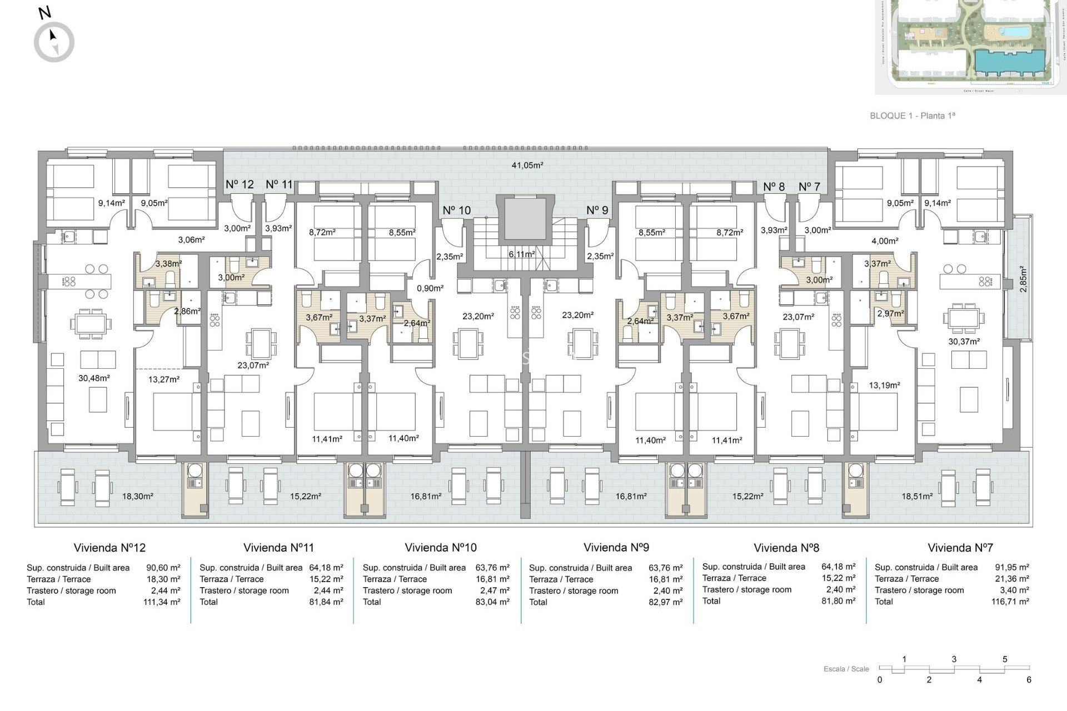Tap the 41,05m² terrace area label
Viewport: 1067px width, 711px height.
click(x=527, y=165)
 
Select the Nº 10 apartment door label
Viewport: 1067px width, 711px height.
click(x=456, y=211)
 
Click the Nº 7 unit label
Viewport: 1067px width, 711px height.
click(x=809, y=187)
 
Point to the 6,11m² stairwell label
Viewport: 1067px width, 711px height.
click(x=521, y=254)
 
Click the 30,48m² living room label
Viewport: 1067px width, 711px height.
click(x=94, y=378)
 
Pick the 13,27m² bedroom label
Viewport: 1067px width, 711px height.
click(x=164, y=379)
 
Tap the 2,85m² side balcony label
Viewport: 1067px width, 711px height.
click(x=1023, y=279)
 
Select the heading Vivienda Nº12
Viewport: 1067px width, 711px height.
click(x=109, y=548)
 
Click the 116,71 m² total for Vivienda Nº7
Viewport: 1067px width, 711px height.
click(x=1010, y=602)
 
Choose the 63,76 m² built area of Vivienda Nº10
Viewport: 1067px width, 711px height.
click(x=492, y=568)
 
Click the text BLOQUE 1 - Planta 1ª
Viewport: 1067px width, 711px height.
click(x=912, y=116)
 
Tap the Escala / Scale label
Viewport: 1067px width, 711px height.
click(x=846, y=669)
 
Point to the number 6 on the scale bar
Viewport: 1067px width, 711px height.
click(x=1029, y=680)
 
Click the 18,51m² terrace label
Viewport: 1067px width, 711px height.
click(x=917, y=496)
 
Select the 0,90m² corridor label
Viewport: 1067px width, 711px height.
click(x=430, y=288)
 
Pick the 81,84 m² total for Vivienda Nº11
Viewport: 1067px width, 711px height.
click(x=326, y=602)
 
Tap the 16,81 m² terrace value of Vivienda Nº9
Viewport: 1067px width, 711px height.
click(x=665, y=579)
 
